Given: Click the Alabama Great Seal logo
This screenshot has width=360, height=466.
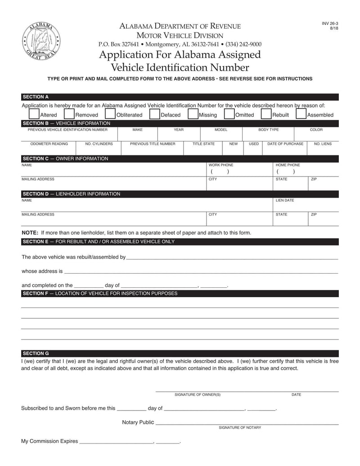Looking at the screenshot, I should pyautogui.click(x=40, y=41).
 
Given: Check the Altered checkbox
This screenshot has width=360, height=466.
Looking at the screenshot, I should pyautogui.click(x=34, y=114).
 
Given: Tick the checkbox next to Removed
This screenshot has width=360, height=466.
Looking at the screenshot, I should pyautogui.click(x=69, y=114).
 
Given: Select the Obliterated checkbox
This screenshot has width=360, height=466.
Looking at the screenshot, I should pyautogui.click(x=110, y=114).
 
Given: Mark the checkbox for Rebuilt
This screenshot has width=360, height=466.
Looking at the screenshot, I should pyautogui.click(x=266, y=114).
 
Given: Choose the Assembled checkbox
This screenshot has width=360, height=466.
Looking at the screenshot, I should pyautogui.click(x=301, y=114).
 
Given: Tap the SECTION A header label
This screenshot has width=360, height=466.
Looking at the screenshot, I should pyautogui.click(x=36, y=97).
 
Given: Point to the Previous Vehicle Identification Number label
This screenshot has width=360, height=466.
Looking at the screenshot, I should pyautogui.click(x=67, y=130).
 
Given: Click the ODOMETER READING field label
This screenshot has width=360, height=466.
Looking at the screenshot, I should pyautogui.click(x=49, y=144).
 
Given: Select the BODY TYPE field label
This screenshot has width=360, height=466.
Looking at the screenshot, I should pyautogui.click(x=268, y=130).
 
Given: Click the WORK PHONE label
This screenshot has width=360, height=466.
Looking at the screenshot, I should pyautogui.click(x=220, y=165).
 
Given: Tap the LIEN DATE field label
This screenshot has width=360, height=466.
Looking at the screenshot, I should pyautogui.click(x=285, y=200).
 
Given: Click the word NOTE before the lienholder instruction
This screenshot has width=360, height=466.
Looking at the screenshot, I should pyautogui.click(x=30, y=233).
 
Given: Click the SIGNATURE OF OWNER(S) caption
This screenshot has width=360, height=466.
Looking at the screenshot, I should pyautogui.click(x=198, y=395).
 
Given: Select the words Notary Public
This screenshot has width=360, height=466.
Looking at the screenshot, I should pyautogui.click(x=138, y=422).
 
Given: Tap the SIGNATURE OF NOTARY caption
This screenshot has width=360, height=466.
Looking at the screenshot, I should pyautogui.click(x=239, y=427).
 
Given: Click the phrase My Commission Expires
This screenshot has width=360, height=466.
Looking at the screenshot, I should pyautogui.click(x=49, y=441).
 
